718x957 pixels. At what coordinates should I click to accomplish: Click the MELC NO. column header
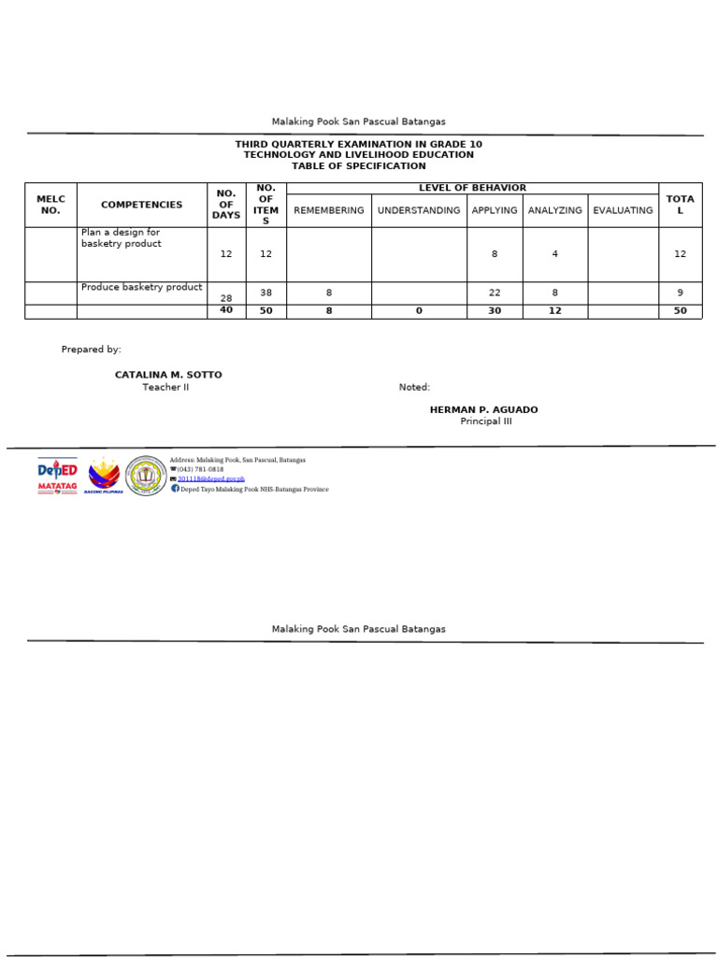[x=50, y=205]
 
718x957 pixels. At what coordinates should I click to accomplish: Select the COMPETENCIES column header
[x=142, y=205]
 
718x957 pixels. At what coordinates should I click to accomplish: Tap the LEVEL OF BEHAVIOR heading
[x=472, y=188]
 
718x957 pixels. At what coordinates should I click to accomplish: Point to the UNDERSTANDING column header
[x=419, y=210]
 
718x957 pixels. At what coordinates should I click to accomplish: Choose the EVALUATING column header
[x=623, y=210]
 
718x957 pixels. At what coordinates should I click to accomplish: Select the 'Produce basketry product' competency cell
[x=142, y=288]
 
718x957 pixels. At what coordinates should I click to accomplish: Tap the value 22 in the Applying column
[x=495, y=293]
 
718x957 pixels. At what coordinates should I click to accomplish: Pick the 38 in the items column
[x=266, y=293]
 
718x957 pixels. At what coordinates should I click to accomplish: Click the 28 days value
[x=226, y=298]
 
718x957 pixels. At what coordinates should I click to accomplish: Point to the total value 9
[x=680, y=293]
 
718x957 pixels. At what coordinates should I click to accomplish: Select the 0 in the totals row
[x=419, y=311]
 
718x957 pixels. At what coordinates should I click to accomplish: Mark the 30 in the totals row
[x=495, y=311]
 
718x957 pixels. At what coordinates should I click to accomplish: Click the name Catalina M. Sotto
[x=168, y=375]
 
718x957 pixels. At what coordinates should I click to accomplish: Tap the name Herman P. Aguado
[x=483, y=410]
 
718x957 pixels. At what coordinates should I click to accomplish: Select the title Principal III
[x=486, y=421]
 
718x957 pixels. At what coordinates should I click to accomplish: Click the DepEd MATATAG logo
[x=57, y=475]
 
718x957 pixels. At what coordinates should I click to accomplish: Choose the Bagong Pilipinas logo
[x=103, y=475]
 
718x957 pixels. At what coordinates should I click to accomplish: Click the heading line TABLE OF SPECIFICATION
[x=358, y=166]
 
